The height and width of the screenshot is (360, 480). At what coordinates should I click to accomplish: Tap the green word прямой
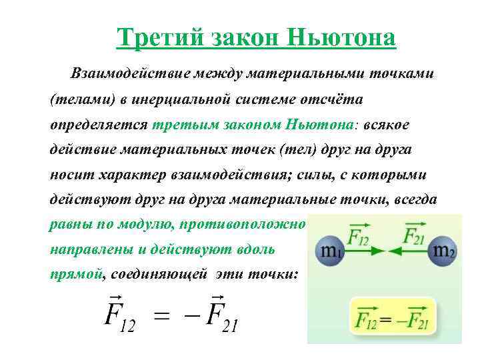[77, 274]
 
